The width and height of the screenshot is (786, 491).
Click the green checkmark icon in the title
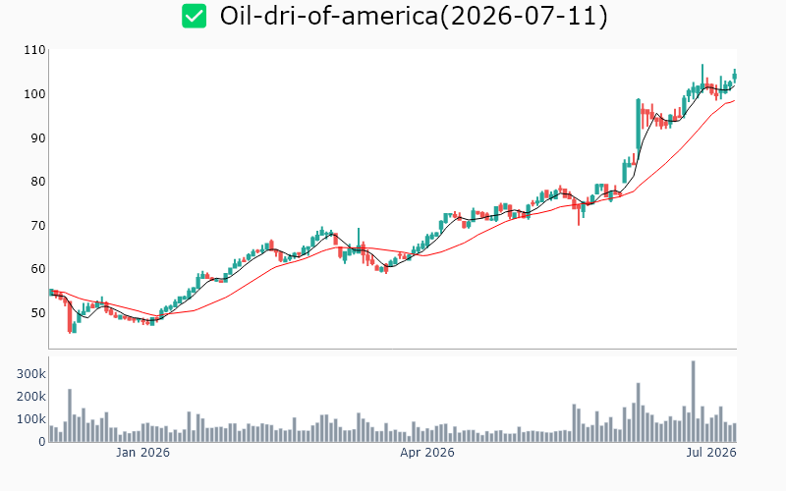click(194, 16)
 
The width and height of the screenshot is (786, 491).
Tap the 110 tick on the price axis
click(34, 50)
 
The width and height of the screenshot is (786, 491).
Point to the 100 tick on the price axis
click(34, 94)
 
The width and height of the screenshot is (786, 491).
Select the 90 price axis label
click(38, 137)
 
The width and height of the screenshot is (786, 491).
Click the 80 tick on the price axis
click(38, 182)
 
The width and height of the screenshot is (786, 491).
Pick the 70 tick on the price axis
click(38, 226)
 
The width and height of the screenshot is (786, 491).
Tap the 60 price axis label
click(38, 269)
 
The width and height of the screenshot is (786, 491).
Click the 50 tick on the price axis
click(38, 313)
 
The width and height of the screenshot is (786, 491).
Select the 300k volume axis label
click(31, 374)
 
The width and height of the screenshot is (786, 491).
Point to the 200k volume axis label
click(31, 397)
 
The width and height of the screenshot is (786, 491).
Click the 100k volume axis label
click(31, 419)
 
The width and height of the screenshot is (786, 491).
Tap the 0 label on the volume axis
click(42, 441)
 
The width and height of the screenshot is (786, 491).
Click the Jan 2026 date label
click(142, 453)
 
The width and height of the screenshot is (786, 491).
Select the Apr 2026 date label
click(427, 453)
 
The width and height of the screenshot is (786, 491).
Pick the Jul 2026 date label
click(711, 453)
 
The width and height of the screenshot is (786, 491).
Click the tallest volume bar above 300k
click(694, 401)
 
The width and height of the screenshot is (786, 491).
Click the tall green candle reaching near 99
click(638, 125)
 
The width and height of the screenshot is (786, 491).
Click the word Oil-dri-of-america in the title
click(329, 16)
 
